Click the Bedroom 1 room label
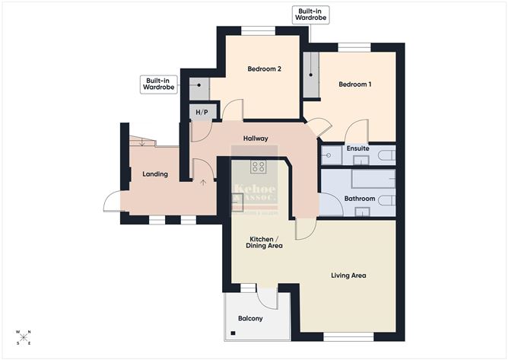tap(354, 84)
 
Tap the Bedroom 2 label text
tap(264, 69)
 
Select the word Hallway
tap(255, 139)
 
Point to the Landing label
tap(155, 174)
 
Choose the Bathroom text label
tap(359, 199)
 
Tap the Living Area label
tap(348, 275)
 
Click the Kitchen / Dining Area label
tap(264, 242)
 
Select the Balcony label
tap(250, 318)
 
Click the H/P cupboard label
tap(201, 113)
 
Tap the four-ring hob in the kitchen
tap(259, 167)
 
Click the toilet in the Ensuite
tap(386, 156)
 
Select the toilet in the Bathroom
tap(385, 200)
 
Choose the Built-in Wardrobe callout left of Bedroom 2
tap(158, 83)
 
